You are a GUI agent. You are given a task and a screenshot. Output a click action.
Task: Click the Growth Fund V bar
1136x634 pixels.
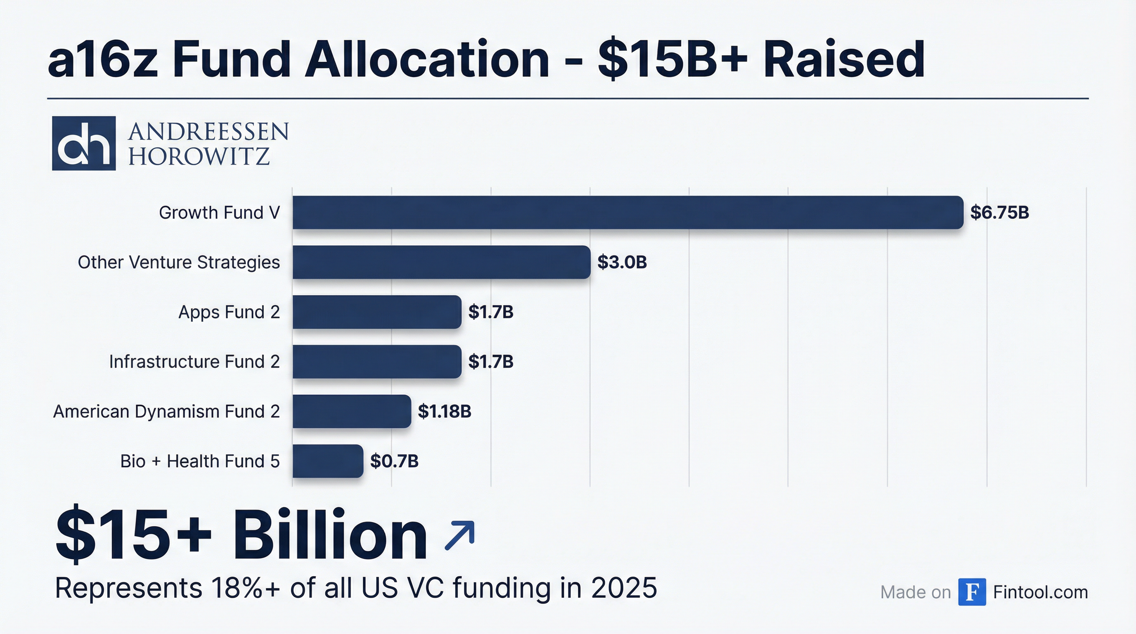point(627,213)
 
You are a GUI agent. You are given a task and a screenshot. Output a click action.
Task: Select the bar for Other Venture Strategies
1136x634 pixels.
point(441,263)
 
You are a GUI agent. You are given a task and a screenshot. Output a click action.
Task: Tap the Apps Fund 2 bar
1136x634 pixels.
point(376,312)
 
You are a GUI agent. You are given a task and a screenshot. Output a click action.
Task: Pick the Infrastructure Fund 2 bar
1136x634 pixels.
point(376,362)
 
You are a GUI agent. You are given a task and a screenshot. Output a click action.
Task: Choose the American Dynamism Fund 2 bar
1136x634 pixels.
point(351,412)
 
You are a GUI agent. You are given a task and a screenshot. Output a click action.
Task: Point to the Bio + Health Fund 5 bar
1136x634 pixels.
point(328,461)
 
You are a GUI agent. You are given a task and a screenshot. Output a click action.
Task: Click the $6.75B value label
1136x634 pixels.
point(999,213)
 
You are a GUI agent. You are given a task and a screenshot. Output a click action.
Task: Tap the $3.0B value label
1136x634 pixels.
point(622,263)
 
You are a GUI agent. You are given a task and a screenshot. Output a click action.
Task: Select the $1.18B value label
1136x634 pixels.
point(444,412)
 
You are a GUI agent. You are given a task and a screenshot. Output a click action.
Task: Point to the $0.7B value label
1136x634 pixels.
point(394,461)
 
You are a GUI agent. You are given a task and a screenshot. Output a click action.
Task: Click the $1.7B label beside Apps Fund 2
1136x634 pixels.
point(490,312)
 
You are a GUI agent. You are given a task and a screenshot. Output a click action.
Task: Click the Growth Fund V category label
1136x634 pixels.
point(219,213)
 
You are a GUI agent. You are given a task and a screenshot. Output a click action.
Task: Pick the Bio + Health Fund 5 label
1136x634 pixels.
point(200,461)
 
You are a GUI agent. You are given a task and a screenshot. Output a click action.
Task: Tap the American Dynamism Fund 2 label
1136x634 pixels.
point(166,412)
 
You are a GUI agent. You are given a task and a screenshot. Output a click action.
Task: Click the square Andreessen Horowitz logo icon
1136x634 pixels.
point(84,143)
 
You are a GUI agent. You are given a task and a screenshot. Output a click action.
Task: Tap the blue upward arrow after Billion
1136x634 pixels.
point(459,535)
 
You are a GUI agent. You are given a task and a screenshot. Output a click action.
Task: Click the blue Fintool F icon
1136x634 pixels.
point(972,592)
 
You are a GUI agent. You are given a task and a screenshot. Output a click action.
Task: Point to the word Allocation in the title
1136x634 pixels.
point(426,59)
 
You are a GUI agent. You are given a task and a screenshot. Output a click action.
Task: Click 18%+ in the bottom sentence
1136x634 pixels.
point(245,588)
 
